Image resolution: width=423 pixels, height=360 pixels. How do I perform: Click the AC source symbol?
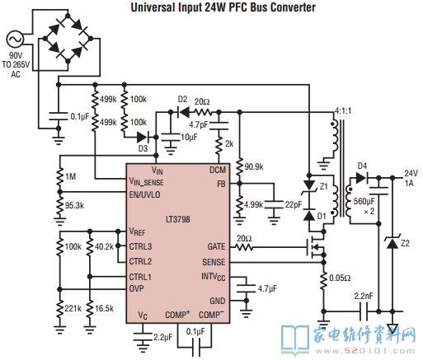pos(15,39)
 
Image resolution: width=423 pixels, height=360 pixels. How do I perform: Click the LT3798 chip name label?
pos(178,219)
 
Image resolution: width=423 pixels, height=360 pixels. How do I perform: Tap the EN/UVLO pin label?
pos(144,194)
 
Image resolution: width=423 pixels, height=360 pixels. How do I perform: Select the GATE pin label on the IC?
pos(216,246)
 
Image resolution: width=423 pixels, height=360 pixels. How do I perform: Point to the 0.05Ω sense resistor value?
pos(340,278)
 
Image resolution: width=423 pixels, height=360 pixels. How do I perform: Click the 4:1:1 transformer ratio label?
pos(343,111)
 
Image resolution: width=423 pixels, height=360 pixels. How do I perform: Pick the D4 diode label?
pos(362,166)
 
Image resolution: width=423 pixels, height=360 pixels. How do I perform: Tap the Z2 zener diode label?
pos(406,243)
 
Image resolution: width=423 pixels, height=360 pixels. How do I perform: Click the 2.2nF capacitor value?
pos(364,297)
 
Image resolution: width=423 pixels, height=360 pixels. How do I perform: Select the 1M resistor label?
pos(70,176)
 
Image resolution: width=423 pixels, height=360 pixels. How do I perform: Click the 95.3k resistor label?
pos(74,205)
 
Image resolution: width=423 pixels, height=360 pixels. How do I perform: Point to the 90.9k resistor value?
pos(254,166)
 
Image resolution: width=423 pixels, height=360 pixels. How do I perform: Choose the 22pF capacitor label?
pos(294,204)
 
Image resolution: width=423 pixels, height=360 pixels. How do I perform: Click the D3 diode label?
pos(143,148)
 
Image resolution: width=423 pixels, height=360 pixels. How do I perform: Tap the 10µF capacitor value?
pos(189,137)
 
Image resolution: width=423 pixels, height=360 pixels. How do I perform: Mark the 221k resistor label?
pos(73,308)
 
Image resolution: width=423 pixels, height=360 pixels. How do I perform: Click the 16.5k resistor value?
pos(104,308)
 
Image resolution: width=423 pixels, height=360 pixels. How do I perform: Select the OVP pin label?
pos(136,288)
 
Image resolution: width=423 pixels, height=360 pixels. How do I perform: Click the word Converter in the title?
pos(293,7)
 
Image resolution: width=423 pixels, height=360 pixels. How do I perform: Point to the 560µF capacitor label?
pos(364,201)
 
